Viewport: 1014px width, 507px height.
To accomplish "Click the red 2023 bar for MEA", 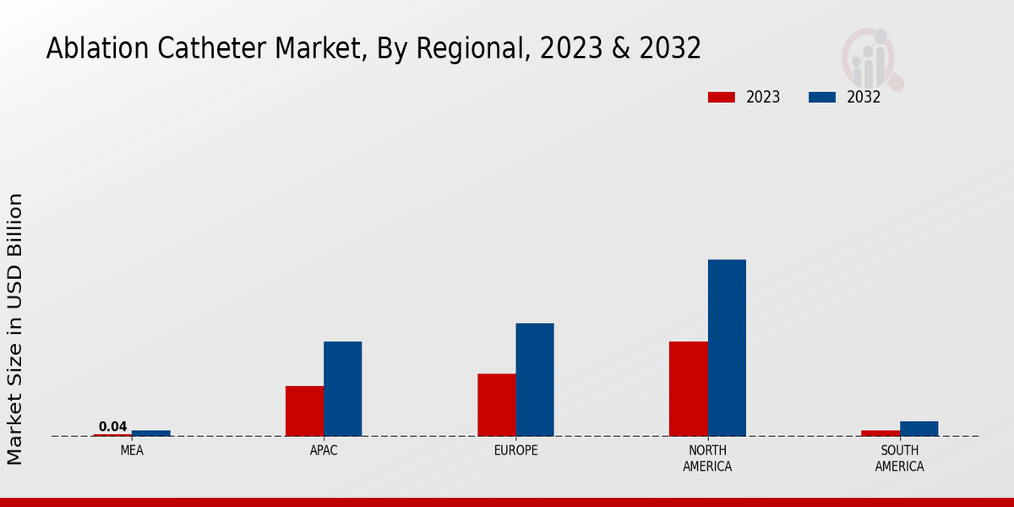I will [112, 435].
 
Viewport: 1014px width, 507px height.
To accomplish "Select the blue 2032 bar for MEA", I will [150, 433].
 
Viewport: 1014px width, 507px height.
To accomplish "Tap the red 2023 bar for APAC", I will [304, 411].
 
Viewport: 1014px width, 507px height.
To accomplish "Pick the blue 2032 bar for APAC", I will [342, 389].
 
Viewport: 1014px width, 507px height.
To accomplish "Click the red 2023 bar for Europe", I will [496, 405].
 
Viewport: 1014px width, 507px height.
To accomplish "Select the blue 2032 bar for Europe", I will [535, 379].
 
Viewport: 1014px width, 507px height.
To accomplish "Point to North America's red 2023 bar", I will [688, 389].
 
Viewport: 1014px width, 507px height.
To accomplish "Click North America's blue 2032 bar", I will [727, 347].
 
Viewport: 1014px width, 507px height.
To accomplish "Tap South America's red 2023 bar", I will [880, 433].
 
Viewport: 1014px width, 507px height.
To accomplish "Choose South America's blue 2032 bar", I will [919, 428].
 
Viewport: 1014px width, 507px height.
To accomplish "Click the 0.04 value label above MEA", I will [112, 427].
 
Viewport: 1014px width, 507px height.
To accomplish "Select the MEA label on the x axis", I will [132, 451].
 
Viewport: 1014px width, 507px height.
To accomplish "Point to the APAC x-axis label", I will [324, 451].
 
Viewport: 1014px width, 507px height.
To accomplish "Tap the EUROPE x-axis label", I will [515, 451].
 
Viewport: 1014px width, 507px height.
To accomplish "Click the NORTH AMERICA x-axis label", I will [708, 459].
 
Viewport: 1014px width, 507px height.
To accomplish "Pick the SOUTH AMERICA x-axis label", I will [899, 459].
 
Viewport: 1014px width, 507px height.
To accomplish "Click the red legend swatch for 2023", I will [721, 97].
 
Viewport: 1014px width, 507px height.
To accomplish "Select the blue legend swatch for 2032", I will [821, 97].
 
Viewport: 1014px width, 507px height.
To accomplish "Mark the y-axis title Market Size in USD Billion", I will [15, 330].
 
